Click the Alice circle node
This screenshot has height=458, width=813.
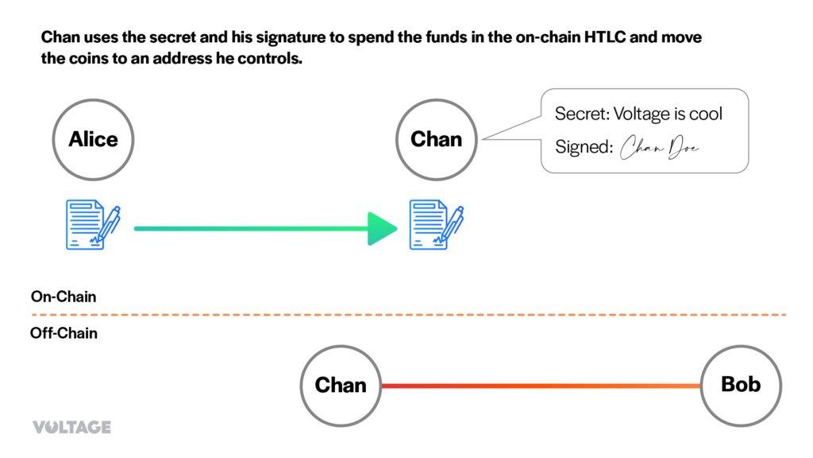(x=93, y=140)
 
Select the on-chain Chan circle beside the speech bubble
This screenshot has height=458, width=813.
(x=436, y=140)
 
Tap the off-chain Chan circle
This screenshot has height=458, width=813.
(x=341, y=386)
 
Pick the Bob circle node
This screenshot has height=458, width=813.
(x=741, y=386)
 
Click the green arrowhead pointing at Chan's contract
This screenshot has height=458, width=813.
(x=383, y=229)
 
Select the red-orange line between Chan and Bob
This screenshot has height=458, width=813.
(x=540, y=386)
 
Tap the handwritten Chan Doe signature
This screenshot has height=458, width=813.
(x=660, y=149)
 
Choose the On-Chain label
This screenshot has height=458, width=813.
(x=64, y=297)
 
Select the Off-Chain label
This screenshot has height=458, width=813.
(x=64, y=333)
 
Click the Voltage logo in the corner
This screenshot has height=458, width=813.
(x=71, y=427)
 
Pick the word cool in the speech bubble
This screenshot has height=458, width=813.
(x=705, y=114)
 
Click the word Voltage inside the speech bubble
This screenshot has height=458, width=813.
(x=642, y=114)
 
